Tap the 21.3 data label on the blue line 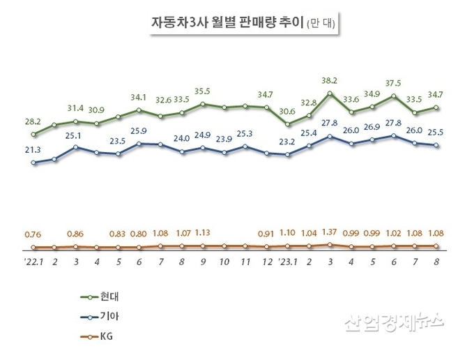pyautogui.click(x=33, y=149)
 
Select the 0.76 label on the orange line pyautogui.click(x=33, y=234)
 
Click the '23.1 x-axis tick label pyautogui.click(x=287, y=263)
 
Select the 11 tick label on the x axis pyautogui.click(x=245, y=263)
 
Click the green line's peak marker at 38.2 pyautogui.click(x=330, y=93)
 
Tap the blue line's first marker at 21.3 pyautogui.click(x=33, y=163)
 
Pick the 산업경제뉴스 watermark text pyautogui.click(x=394, y=322)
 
